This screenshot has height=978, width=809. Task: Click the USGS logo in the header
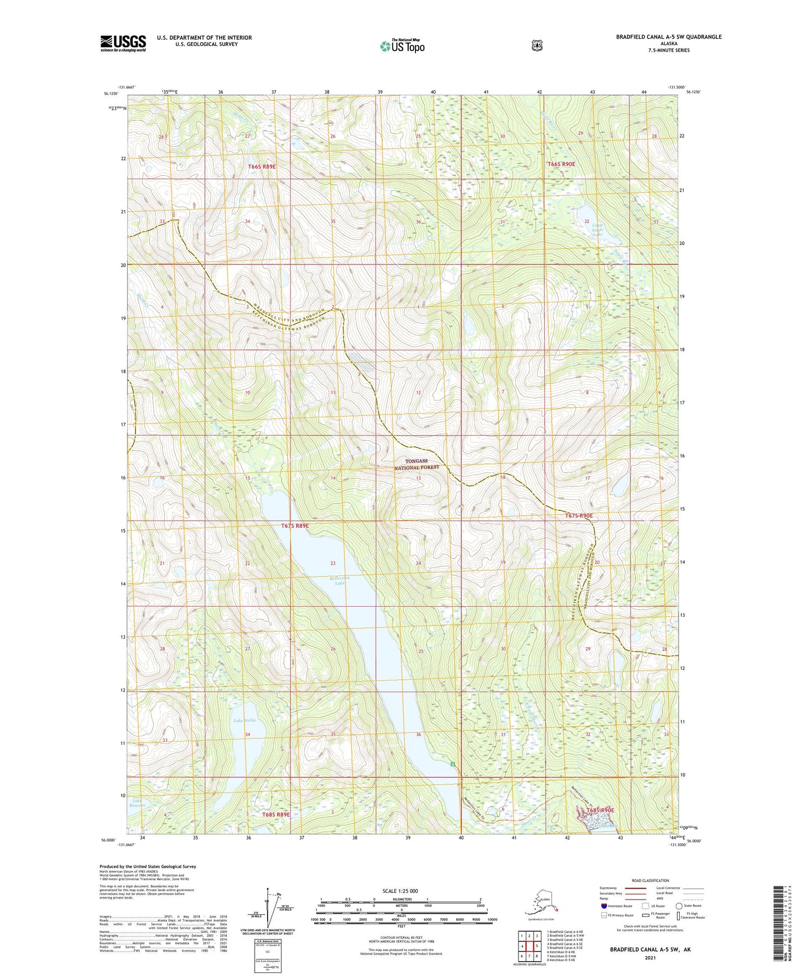point(123,43)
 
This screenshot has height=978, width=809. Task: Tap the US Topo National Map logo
point(401,45)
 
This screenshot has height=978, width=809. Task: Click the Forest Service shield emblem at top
point(537,45)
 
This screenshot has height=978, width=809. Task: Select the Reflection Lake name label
point(339,580)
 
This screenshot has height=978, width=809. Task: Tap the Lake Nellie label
point(245,720)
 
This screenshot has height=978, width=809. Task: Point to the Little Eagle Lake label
point(597,230)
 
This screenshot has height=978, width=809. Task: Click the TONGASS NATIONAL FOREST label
point(417,464)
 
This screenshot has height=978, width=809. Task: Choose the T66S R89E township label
point(262,167)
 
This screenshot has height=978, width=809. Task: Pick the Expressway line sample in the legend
point(635,888)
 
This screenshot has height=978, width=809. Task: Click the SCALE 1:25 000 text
point(400,891)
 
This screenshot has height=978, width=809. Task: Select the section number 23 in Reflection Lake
point(333,563)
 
